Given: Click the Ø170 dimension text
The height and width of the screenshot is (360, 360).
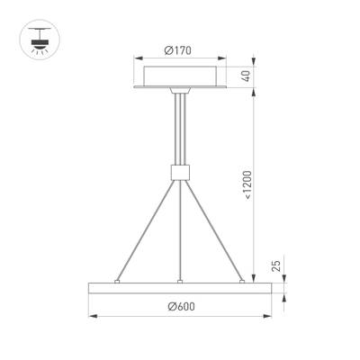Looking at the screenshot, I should (181, 51).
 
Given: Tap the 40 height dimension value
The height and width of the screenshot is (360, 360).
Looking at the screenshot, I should (245, 76).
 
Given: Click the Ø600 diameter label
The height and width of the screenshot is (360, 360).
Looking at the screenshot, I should (181, 306).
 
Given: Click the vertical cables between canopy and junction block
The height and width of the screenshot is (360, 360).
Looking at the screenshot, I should (181, 130).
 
